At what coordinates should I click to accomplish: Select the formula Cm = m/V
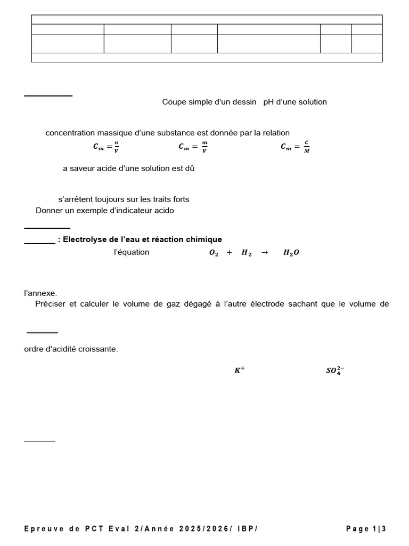click(192, 147)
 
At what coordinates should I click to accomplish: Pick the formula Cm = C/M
click(295, 147)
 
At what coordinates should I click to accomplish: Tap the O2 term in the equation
click(214, 253)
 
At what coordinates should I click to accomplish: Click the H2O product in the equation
click(291, 253)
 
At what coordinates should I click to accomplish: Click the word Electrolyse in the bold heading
click(83, 239)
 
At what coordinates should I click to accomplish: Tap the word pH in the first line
click(268, 102)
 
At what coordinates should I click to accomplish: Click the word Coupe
click(173, 102)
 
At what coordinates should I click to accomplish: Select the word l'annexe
click(40, 293)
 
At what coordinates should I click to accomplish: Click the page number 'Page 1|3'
click(366, 528)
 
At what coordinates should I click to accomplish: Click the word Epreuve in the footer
click(44, 528)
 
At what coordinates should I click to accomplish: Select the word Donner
click(49, 211)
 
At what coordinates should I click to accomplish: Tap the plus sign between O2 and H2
click(230, 253)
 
